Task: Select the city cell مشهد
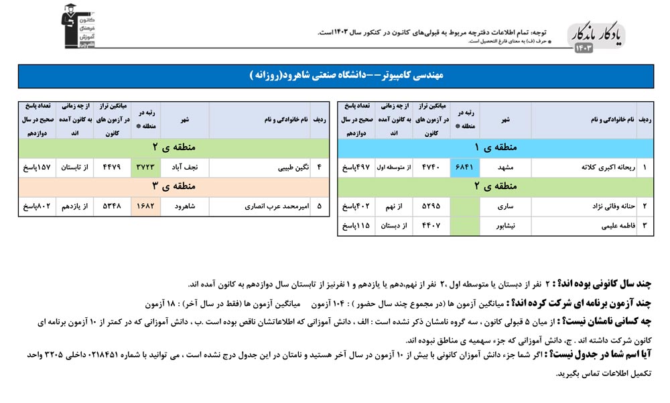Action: pos(506,168)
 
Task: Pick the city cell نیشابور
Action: pos(506,226)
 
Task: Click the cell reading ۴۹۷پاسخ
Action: pos(355,168)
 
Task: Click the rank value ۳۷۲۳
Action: pos(145,168)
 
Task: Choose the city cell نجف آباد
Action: pos(185,168)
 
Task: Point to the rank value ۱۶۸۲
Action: pos(145,207)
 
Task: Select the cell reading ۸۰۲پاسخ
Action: pos(36,207)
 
